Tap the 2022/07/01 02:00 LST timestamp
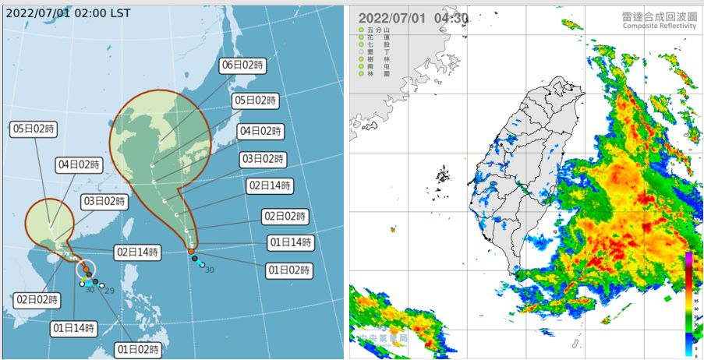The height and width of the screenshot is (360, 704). point(68,13)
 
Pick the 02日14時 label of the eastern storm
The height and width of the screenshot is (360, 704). point(269,186)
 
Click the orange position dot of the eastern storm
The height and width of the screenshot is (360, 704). point(191,251)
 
